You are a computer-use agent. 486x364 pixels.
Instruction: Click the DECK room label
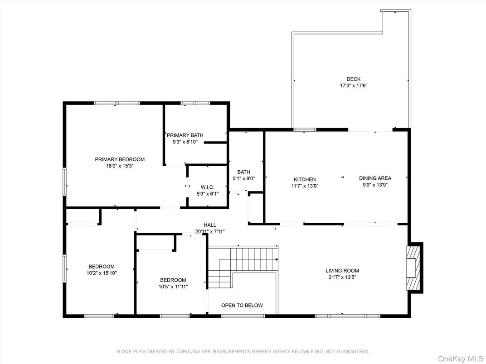click(353, 79)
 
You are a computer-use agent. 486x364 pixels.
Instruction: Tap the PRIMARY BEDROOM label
click(120, 159)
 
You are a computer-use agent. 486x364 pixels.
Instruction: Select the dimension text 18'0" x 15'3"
click(120, 166)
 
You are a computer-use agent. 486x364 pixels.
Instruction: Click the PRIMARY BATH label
click(185, 135)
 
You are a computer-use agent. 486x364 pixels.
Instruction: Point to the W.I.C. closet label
click(207, 187)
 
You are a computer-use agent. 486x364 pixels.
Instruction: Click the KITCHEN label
click(305, 179)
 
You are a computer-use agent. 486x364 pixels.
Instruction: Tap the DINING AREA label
click(375, 178)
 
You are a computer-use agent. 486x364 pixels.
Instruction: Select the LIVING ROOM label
click(342, 271)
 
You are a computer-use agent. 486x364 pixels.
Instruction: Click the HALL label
click(210, 225)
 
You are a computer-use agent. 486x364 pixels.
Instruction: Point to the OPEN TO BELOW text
click(242, 305)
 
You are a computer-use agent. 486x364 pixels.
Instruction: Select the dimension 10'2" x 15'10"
click(102, 273)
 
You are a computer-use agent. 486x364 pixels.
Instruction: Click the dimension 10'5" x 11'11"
click(173, 287)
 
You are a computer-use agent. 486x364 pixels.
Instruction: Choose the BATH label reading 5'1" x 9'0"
click(243, 172)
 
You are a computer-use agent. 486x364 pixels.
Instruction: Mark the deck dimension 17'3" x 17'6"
click(354, 86)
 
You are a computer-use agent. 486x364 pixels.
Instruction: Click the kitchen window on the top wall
click(305, 129)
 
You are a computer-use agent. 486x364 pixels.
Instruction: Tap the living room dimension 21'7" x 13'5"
click(342, 278)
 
